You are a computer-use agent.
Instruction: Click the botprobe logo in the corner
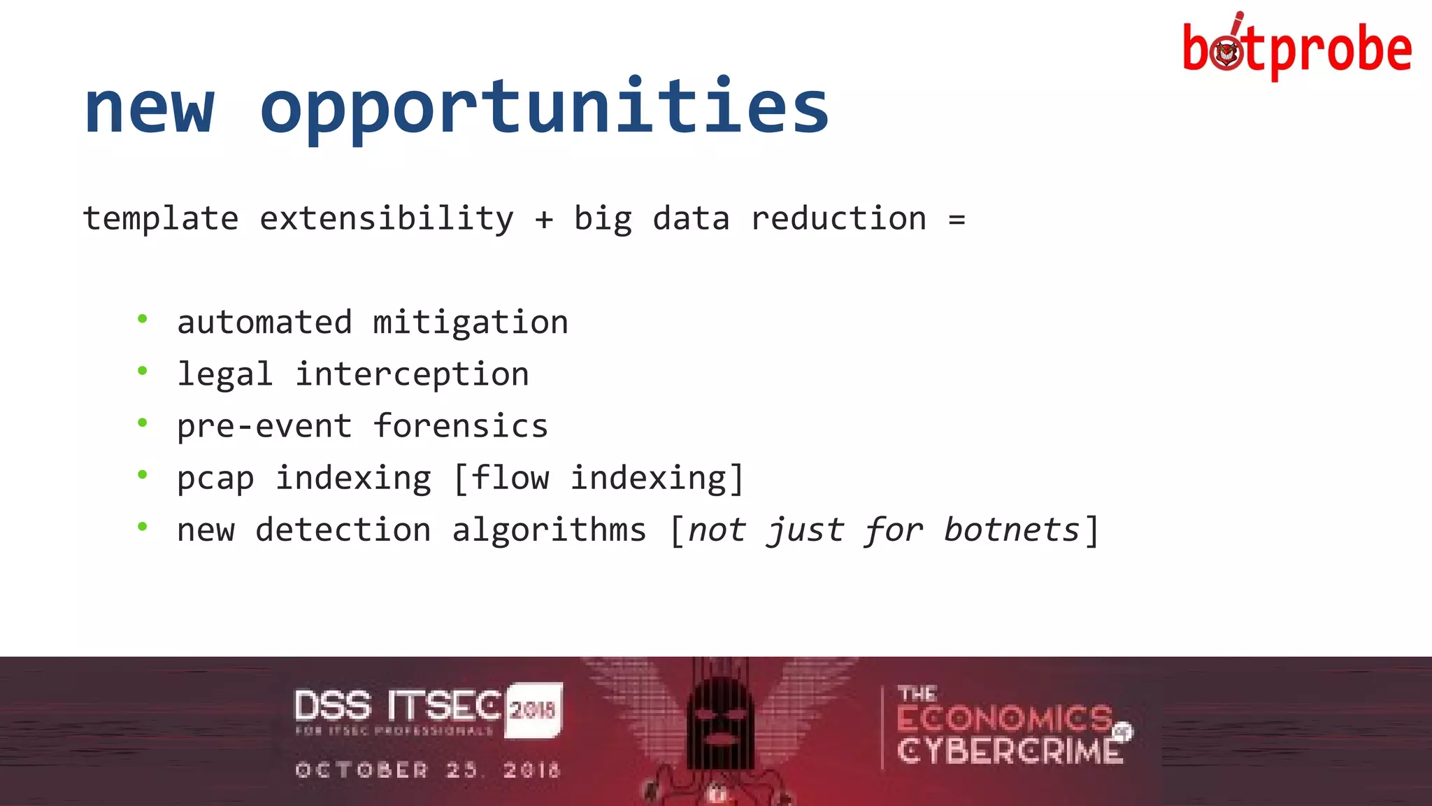1297,48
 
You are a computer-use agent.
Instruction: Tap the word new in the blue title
149,106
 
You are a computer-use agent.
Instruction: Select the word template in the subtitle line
160,219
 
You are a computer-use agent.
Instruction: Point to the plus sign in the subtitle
544,220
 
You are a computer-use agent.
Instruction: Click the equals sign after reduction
957,220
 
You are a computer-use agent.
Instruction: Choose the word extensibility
387,219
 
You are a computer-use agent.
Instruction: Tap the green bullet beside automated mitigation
143,320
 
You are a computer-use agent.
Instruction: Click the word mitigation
470,323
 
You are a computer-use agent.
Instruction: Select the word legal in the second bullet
224,374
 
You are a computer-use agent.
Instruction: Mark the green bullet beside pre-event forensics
143,423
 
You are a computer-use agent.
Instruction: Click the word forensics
460,426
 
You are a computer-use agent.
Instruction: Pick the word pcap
215,479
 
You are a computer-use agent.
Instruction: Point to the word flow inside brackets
510,478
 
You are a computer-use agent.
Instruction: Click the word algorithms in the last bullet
549,530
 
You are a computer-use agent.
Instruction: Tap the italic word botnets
1011,530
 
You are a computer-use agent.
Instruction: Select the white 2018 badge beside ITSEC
533,709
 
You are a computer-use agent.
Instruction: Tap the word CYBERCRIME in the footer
1009,751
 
